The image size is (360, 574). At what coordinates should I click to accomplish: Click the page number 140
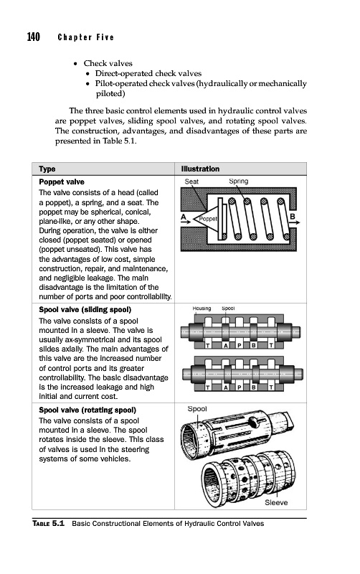coord(33,37)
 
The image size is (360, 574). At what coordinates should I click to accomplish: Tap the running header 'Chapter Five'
coord(86,37)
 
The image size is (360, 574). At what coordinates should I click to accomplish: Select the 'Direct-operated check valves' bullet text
coord(148,73)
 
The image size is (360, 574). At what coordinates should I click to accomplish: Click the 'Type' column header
coord(47,169)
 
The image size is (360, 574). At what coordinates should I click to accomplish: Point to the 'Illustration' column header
coord(201,169)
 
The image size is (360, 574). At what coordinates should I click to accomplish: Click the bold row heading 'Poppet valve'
coord(62,182)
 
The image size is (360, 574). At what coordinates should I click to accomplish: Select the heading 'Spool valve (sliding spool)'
coord(85,310)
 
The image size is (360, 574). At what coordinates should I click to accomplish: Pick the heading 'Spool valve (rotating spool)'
coord(87,410)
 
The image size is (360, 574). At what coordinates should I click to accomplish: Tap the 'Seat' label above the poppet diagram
coord(191,182)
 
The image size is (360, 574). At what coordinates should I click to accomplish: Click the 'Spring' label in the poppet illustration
coord(239,182)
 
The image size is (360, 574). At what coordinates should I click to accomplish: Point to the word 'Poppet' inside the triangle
coord(208,219)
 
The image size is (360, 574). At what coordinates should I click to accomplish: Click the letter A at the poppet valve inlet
coord(184,217)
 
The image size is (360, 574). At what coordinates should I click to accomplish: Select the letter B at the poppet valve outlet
coord(293,217)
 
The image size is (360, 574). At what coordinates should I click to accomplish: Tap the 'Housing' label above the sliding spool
coord(202,309)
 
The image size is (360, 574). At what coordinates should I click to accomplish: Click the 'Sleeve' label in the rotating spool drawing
coord(276,503)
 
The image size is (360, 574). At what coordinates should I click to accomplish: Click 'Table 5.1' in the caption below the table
coord(48,524)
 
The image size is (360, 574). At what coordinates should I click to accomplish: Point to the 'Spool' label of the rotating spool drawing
coord(197,409)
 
